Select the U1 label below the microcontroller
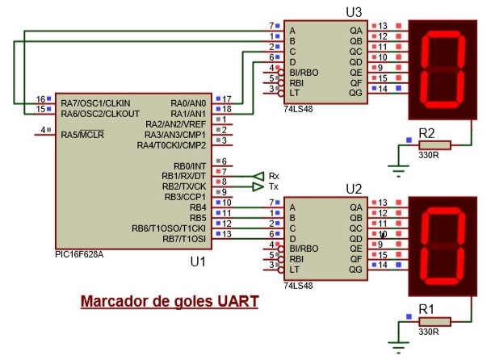click(197, 262)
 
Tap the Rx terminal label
click(274, 175)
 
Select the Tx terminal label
click(274, 186)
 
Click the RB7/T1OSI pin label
click(184, 238)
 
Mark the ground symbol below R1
click(397, 345)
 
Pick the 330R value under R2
click(430, 156)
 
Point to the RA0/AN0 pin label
click(188, 103)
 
